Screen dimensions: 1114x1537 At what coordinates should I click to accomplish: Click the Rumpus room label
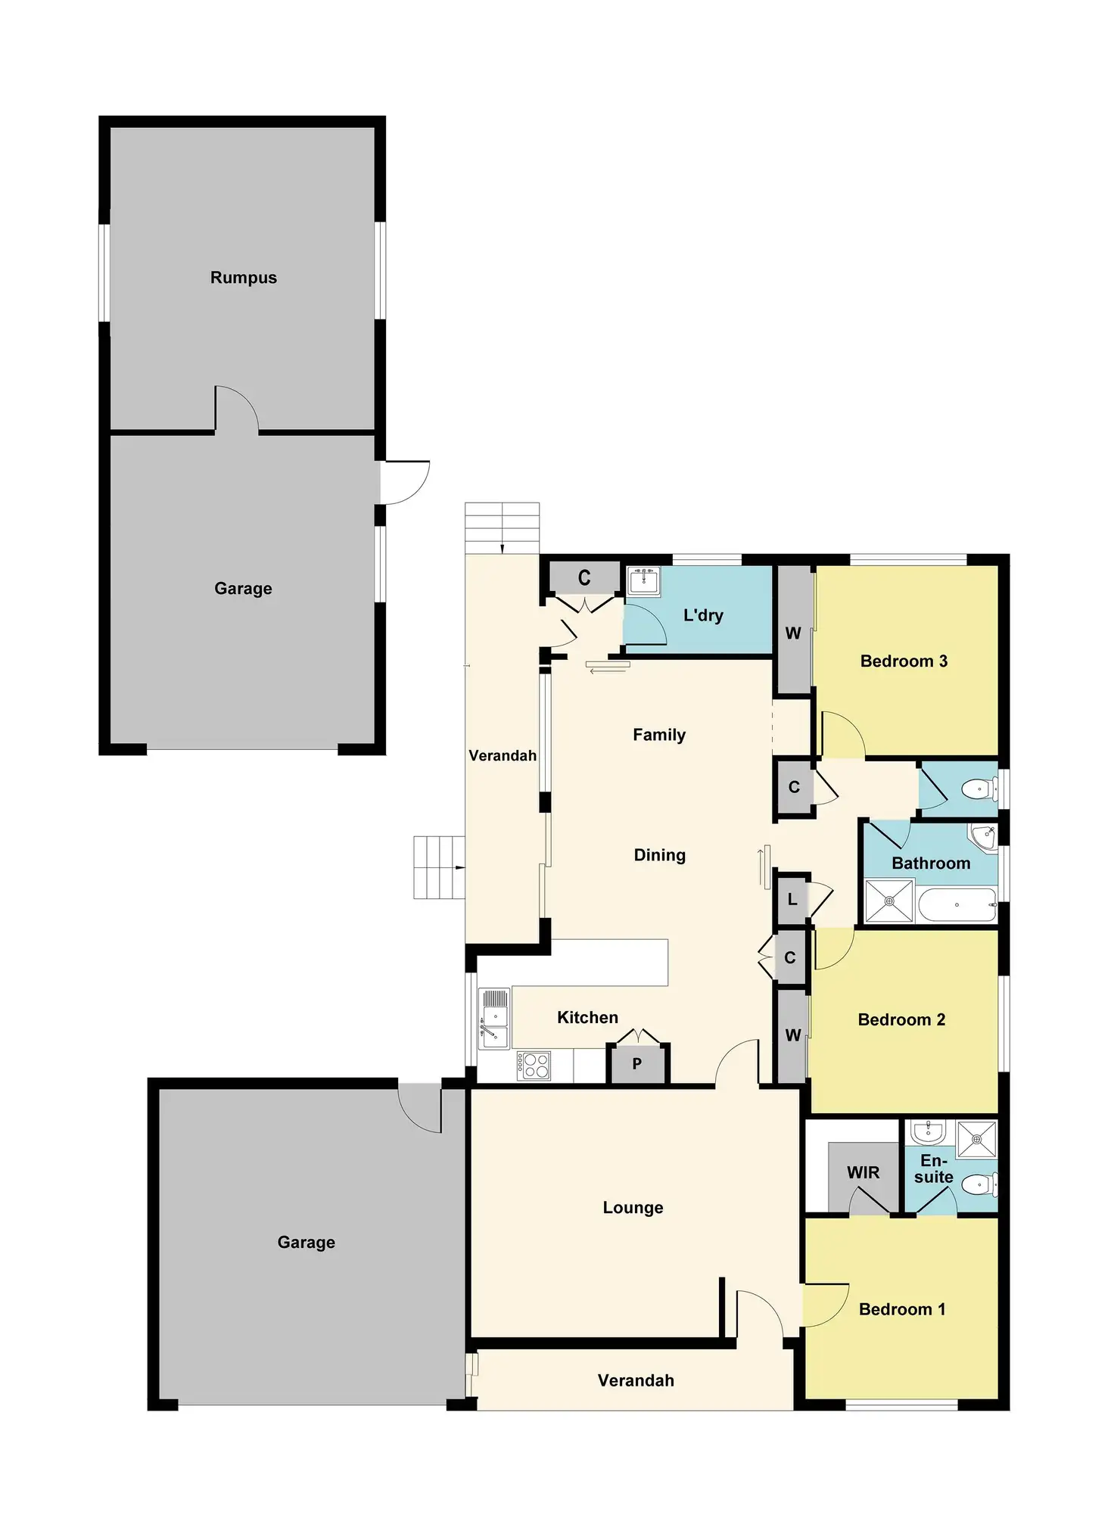[x=243, y=278]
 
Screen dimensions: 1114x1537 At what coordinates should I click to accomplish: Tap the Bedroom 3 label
[x=904, y=661]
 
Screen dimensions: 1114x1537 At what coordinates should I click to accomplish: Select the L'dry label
[x=703, y=615]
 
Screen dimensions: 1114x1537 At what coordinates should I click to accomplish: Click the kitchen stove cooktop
[x=534, y=1066]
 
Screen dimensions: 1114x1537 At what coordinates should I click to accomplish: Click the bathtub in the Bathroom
[x=957, y=904]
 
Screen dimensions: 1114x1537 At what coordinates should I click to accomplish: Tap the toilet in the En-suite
[x=981, y=1183]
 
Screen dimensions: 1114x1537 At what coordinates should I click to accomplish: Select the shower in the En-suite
[x=977, y=1140]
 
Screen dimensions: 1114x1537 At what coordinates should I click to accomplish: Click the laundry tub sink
[x=644, y=582]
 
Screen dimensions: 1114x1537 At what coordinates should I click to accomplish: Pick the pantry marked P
[x=638, y=1063]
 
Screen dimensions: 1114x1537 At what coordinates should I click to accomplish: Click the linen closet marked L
[x=792, y=899]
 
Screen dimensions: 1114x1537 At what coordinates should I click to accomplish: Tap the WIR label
[x=863, y=1172]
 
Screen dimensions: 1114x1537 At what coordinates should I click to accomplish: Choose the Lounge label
[x=633, y=1207]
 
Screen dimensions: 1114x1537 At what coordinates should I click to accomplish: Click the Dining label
[x=659, y=855]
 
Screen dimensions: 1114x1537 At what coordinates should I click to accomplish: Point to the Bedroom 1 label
[x=902, y=1309]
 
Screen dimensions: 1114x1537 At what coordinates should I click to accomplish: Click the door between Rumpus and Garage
[x=237, y=409]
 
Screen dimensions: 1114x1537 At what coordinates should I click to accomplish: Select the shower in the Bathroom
[x=889, y=901]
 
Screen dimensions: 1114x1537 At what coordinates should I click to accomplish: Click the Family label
[x=659, y=735]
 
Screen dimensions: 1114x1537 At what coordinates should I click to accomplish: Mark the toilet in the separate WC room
[x=980, y=790]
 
